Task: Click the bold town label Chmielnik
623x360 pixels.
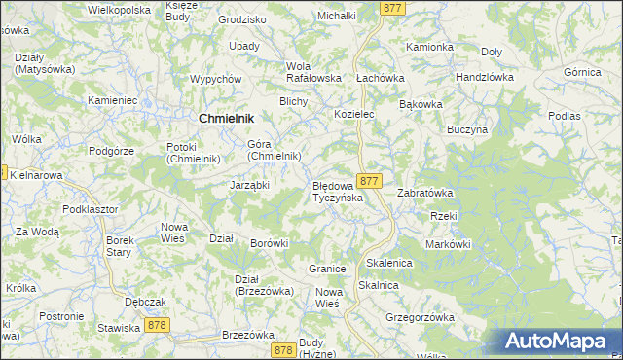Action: [x=226, y=118]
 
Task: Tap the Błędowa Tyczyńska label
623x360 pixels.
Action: [x=338, y=191]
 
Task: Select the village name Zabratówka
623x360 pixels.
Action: [x=425, y=193]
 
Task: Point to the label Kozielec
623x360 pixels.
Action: [x=354, y=114]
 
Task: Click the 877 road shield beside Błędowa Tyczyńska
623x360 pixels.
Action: [x=369, y=181]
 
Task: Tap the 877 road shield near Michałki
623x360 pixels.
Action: [x=393, y=7]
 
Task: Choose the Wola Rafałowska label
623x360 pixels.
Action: [x=312, y=72]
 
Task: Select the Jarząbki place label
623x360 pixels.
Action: [x=249, y=185]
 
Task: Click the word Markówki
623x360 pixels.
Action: [x=448, y=243]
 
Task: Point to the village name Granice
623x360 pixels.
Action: [x=328, y=268]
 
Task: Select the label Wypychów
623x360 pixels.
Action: [x=216, y=79]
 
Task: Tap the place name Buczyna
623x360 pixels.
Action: [x=466, y=129]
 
